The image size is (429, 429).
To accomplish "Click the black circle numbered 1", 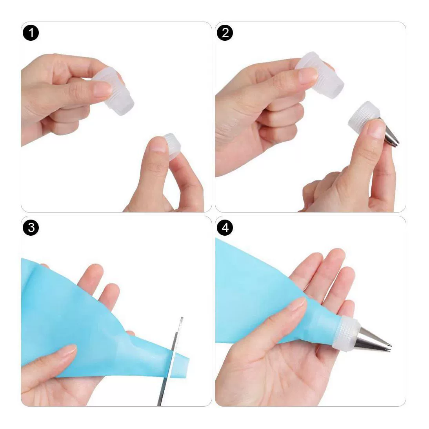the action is coord(31,33).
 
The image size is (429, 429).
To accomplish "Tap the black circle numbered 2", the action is coord(225,33).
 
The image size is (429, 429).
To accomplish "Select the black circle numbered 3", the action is coord(31,227).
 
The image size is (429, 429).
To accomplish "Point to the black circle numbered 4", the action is coord(225,227).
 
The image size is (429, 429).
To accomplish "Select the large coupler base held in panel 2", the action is coord(320,75).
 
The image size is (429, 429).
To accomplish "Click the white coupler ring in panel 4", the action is coord(346,332).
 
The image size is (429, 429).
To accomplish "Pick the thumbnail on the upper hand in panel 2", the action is coord(308,76).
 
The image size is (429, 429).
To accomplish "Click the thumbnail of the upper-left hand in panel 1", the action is coord(103,89).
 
